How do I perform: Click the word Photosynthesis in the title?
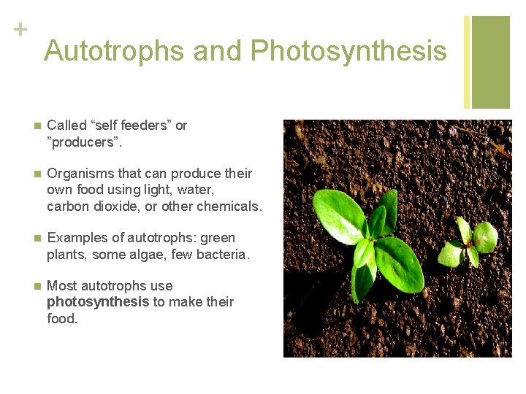coord(348,51)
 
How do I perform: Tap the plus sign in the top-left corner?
coord(20,30)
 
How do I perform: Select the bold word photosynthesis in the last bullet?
coord(98,302)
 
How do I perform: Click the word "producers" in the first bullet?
coord(85,142)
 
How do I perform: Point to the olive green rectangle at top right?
coord(490,62)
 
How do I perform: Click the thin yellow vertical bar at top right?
coord(467,62)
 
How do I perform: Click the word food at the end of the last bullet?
coord(61,318)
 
